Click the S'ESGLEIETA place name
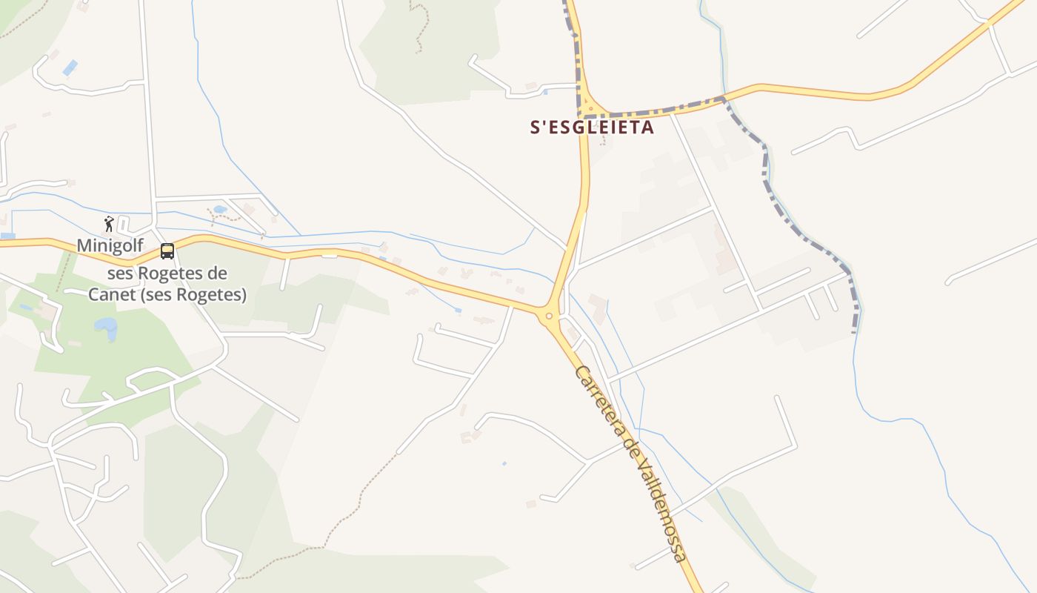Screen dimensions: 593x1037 pyautogui.click(x=592, y=127)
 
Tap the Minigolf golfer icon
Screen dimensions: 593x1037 pyautogui.click(x=110, y=223)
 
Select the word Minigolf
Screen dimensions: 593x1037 pyautogui.click(x=110, y=245)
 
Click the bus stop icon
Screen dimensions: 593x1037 pyautogui.click(x=167, y=251)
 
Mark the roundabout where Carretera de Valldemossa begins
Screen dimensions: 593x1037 pyautogui.click(x=549, y=317)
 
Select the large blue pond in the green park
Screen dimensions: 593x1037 pyautogui.click(x=106, y=327)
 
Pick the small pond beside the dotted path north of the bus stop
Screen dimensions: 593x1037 pyautogui.click(x=220, y=210)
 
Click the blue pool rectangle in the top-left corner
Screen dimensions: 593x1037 pyautogui.click(x=70, y=67)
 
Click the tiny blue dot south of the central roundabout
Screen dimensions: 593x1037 pyautogui.click(x=504, y=463)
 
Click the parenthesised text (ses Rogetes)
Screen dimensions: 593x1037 pyautogui.click(x=198, y=294)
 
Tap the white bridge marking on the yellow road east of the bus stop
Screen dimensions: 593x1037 pyautogui.click(x=330, y=254)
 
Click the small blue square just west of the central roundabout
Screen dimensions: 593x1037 pyautogui.click(x=458, y=310)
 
